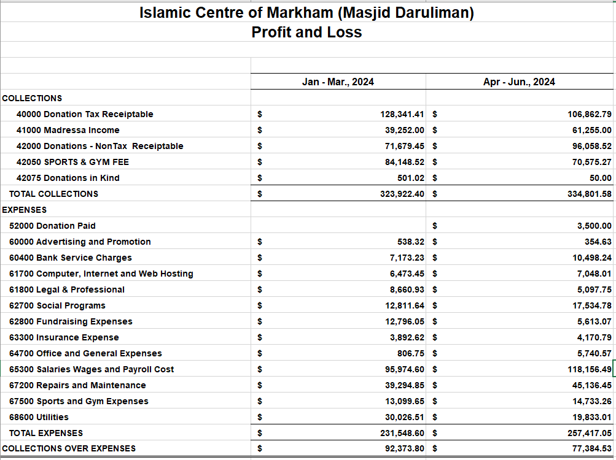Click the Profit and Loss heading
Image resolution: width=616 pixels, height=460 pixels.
coord(306,33)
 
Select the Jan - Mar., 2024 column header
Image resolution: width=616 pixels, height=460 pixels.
coord(338,82)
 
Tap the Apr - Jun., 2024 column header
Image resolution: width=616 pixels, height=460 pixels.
coord(519,82)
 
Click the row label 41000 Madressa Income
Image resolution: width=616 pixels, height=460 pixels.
coord(68,130)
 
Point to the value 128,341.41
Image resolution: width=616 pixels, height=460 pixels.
coord(402,114)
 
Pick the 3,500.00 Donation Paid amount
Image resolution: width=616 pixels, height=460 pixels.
coord(594,226)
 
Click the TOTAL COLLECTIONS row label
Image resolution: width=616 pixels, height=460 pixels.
coord(53,194)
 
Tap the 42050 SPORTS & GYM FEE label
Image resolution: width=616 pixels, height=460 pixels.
coord(72,162)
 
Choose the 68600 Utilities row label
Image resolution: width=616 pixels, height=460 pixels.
coord(39,417)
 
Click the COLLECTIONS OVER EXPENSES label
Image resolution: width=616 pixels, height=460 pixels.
coord(69,448)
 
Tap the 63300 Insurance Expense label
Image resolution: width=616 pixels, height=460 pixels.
coord(64,337)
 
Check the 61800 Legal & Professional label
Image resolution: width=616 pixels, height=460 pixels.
coord(67,289)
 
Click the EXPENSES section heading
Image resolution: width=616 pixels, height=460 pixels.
coord(24,210)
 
